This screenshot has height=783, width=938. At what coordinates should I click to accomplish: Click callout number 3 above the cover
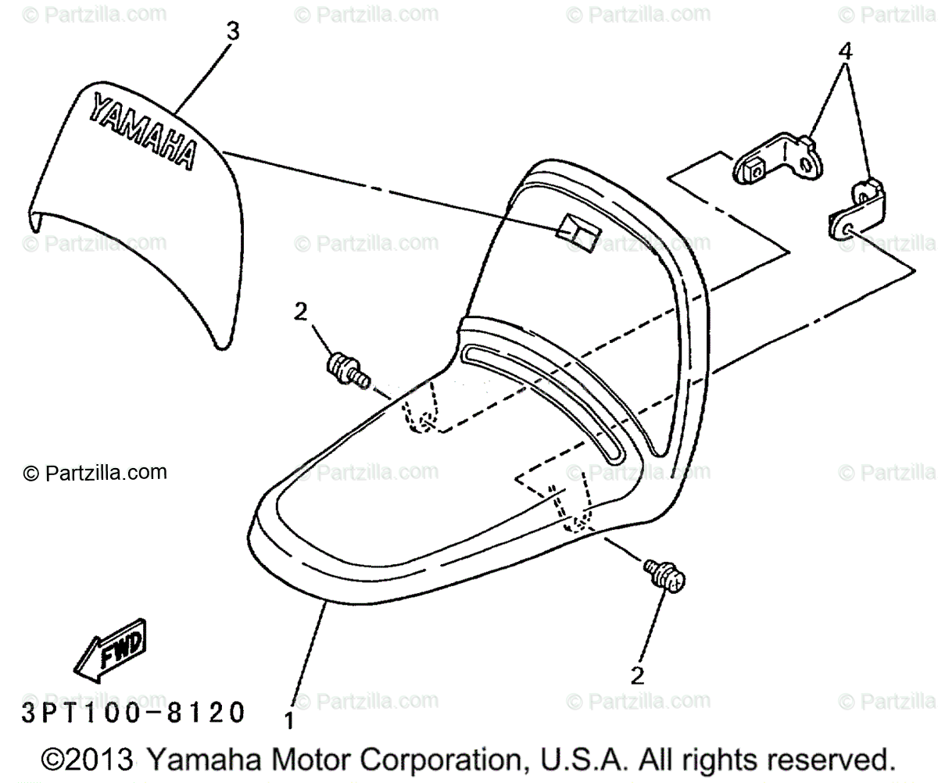coord(233,32)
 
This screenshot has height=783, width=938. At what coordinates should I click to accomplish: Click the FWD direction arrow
coord(109,649)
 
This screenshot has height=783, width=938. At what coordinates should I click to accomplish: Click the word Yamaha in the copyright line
coord(195,760)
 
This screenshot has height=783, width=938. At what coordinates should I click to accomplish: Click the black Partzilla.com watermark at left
coord(95,472)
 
